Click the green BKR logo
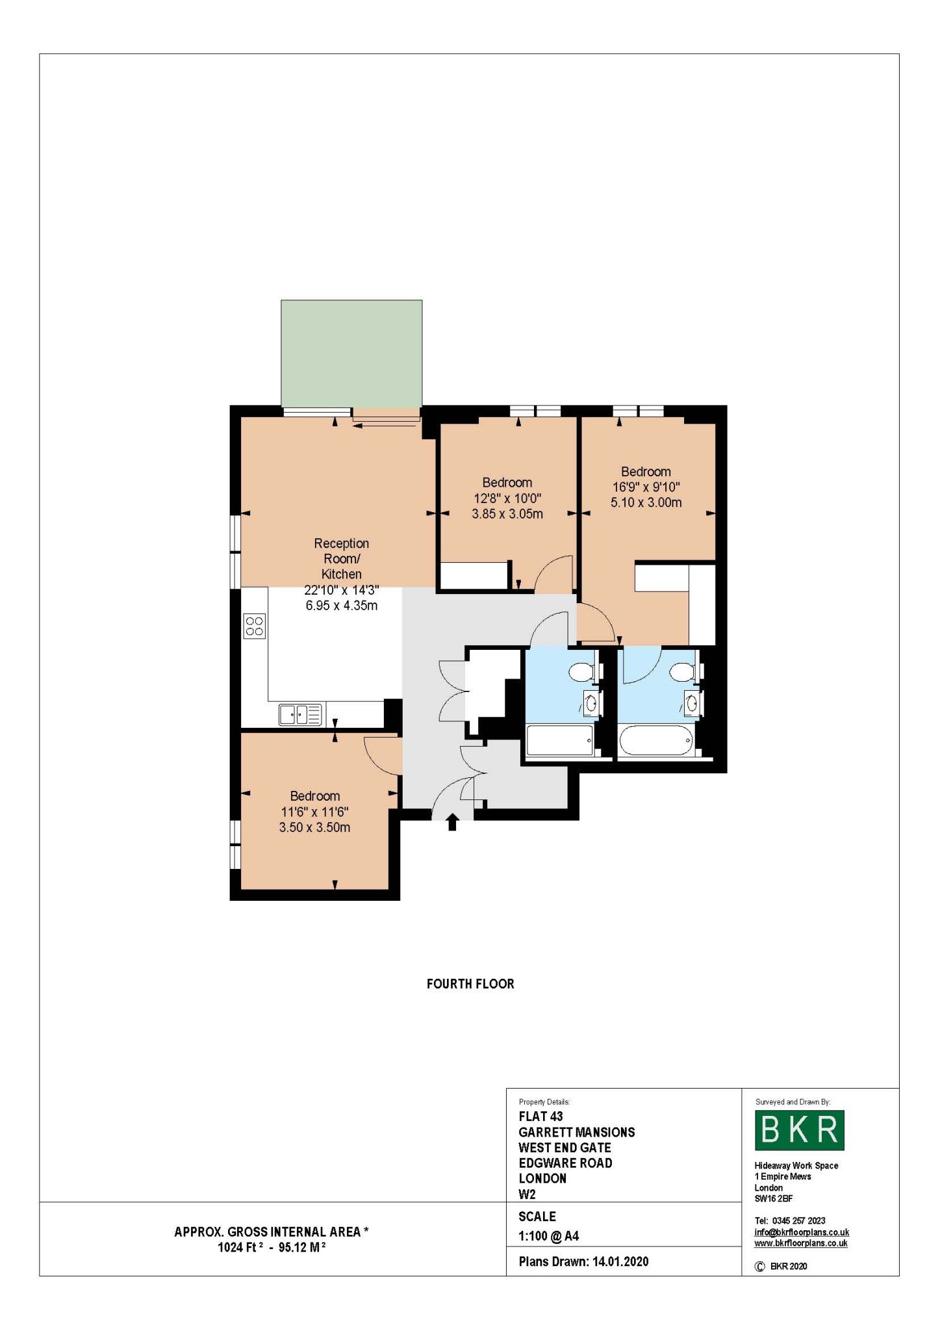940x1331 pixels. [x=799, y=1130]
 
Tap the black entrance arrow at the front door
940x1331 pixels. [x=453, y=822]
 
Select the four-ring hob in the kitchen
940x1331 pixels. [x=255, y=626]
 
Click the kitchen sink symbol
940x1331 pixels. [x=300, y=715]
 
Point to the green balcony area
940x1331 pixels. [x=351, y=354]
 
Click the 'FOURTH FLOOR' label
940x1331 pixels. [x=470, y=984]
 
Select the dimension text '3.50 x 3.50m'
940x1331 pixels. [x=314, y=827]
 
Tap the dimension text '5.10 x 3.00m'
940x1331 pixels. [x=646, y=502]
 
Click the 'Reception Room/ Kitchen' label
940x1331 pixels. [x=342, y=558]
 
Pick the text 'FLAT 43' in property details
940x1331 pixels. [x=540, y=1117]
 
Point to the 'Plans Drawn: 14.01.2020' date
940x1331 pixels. [x=583, y=1261]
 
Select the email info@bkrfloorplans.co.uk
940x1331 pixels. [x=802, y=1232]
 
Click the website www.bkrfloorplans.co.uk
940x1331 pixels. [x=801, y=1243]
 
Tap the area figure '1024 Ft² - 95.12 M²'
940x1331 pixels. [x=272, y=1247]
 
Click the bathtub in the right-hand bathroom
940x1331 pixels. [x=656, y=740]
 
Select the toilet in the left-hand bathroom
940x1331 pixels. [x=583, y=672]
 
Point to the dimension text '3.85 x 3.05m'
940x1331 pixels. [x=507, y=514]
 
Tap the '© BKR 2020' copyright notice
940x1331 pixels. [x=781, y=1266]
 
